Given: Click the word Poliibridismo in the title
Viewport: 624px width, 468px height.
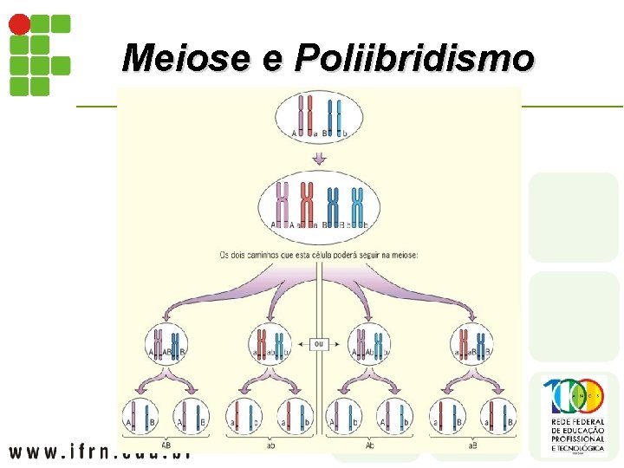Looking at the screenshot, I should [x=414, y=58].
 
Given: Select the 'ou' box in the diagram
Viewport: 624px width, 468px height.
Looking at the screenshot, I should [x=320, y=344].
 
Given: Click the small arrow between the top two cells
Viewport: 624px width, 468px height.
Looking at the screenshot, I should [x=320, y=159].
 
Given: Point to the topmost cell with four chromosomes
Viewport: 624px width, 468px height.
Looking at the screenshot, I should [x=320, y=119].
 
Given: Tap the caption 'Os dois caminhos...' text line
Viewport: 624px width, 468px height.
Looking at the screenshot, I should [x=320, y=255].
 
